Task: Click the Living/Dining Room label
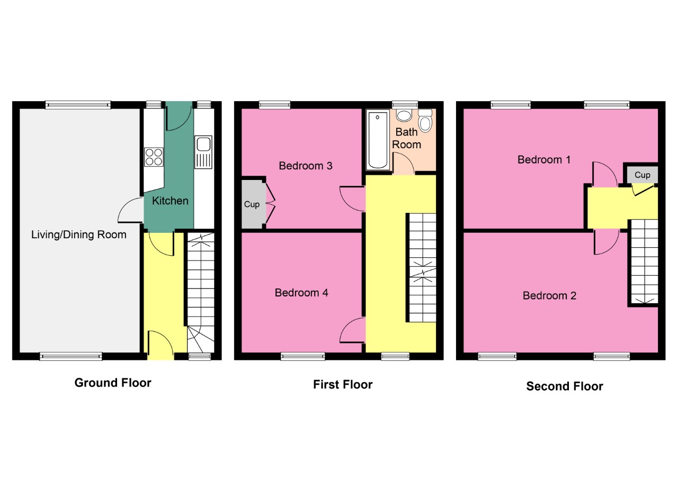coord(79,234)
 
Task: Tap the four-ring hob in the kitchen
coord(154,157)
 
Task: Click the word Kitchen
coord(170,201)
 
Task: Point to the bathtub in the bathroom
coord(377,140)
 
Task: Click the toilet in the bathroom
coord(425,121)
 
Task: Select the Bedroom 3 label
coord(306,166)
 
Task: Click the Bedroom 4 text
coord(301,293)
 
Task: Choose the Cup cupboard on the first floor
coord(252,204)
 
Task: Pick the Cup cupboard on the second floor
coord(642,175)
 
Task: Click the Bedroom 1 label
coord(544,159)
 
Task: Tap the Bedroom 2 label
coord(549,295)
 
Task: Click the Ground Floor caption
coord(113,383)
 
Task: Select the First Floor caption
coord(343,385)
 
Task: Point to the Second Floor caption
coord(565,386)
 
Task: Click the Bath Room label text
coord(407,138)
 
